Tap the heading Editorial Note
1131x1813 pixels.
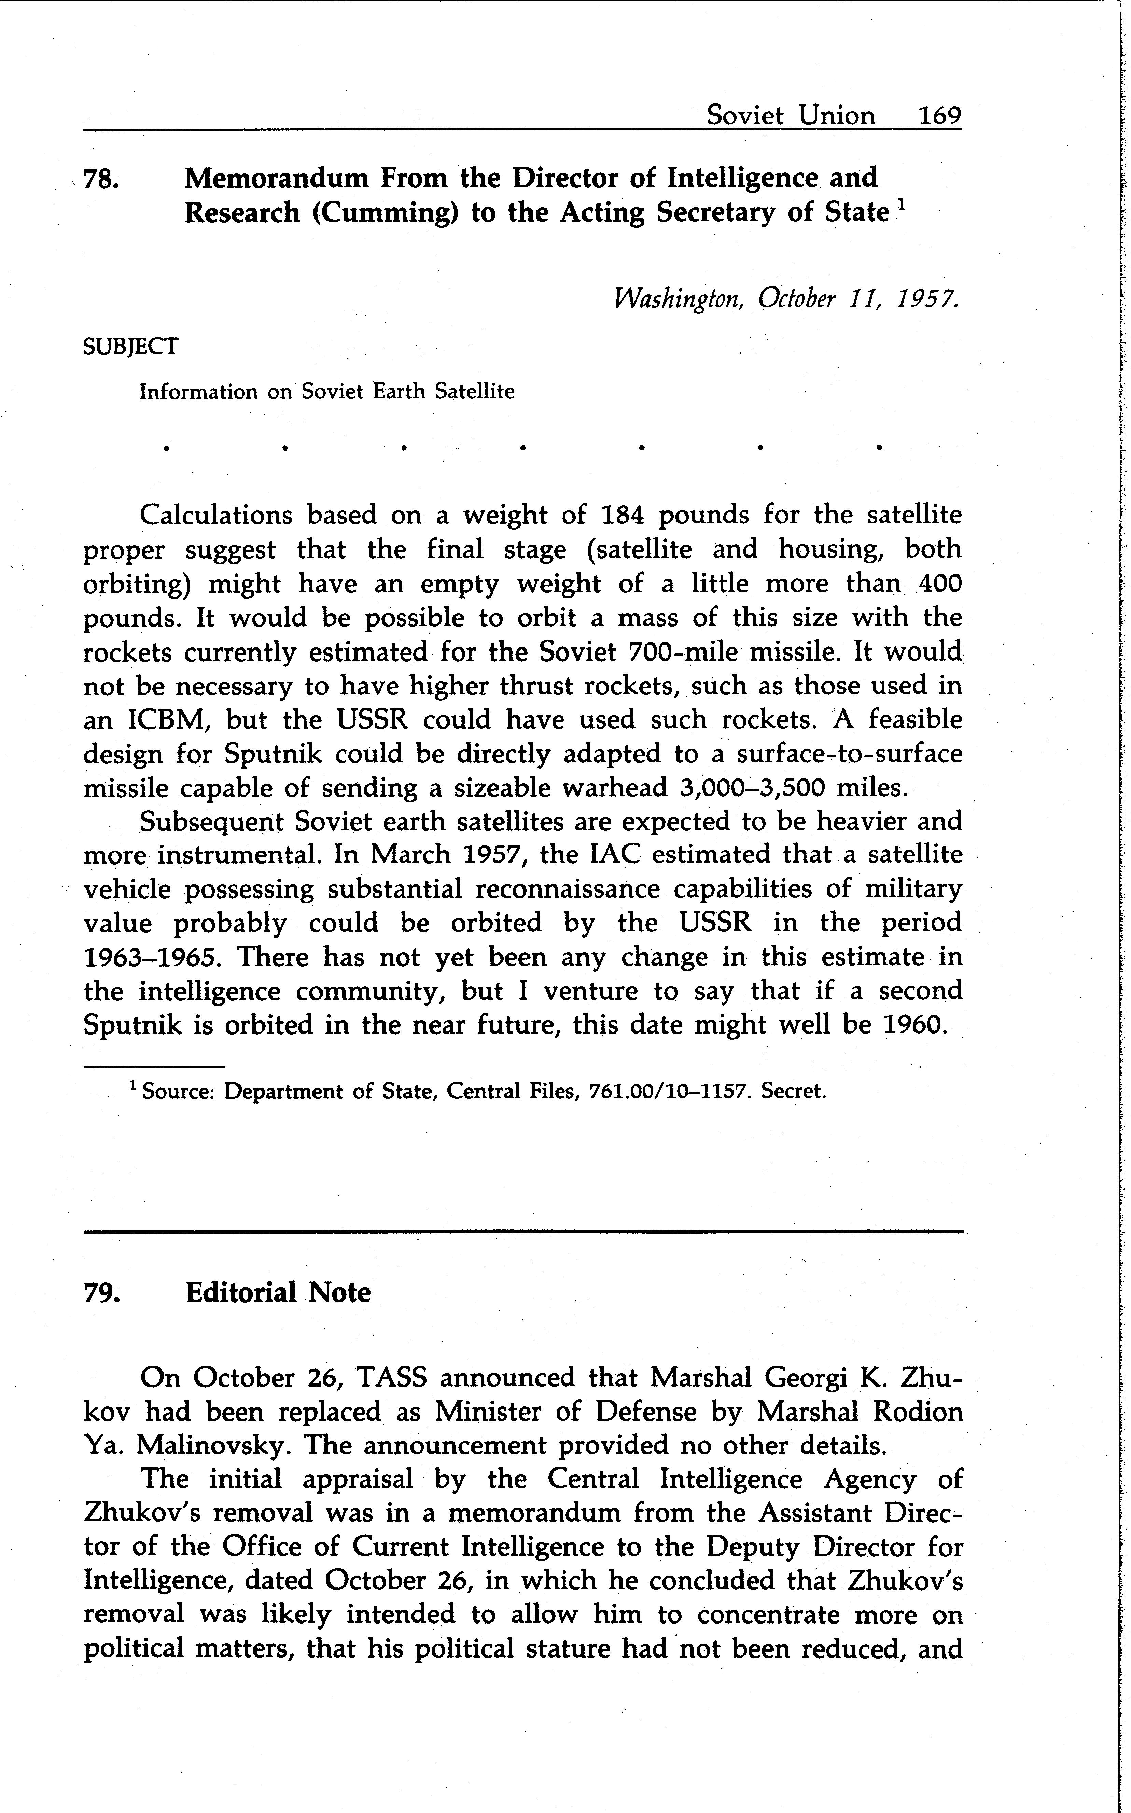(278, 1292)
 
